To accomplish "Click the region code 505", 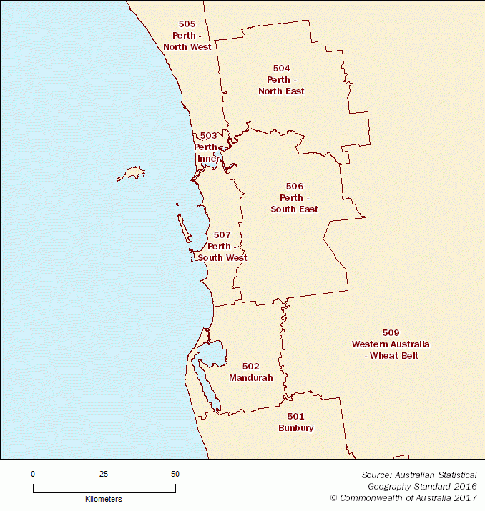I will tap(187, 24).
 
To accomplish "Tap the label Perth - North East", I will tap(281, 85).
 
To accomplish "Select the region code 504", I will tap(281, 68).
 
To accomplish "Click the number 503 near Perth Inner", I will tap(208, 135).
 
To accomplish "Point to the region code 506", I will tap(295, 186).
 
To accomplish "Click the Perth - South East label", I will tap(294, 203).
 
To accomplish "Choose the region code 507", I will tap(222, 234).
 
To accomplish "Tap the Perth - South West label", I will tap(222, 252).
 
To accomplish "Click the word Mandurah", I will tap(250, 377).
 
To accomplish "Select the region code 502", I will tap(250, 366).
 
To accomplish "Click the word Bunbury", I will tap(296, 427).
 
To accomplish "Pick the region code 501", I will tap(296, 416).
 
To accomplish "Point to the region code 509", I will tap(391, 332).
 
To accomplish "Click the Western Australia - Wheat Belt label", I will tap(390, 349).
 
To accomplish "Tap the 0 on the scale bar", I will tap(33, 474).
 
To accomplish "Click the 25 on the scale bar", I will tap(104, 474).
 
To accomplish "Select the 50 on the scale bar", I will tap(175, 474).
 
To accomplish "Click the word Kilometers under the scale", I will tap(104, 498).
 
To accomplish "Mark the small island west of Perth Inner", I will tap(131, 172).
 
